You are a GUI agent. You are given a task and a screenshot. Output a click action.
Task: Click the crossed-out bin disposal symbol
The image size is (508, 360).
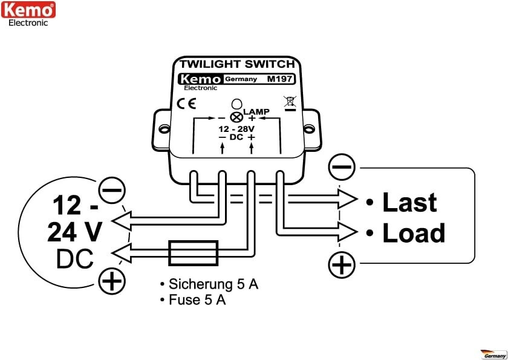point(290,103)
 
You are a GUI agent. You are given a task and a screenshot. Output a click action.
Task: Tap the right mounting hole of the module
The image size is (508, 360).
point(310,128)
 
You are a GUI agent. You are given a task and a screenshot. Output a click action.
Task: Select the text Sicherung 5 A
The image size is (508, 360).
point(209,284)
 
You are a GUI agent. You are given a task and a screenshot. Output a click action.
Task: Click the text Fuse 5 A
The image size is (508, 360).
point(193,299)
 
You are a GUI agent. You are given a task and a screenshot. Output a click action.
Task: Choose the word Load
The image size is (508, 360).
point(414,233)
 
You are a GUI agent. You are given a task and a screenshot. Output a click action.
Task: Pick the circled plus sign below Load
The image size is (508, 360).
point(342,265)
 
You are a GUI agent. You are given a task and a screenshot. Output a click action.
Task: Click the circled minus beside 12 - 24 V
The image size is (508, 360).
point(111,191)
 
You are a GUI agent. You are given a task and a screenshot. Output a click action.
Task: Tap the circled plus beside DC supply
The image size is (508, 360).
point(111,281)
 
